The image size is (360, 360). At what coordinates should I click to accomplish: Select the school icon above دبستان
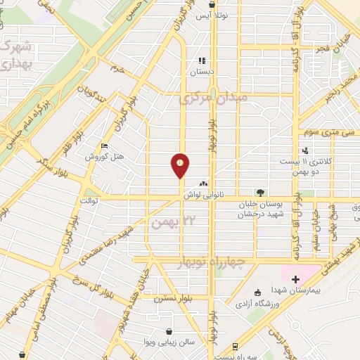tap(202, 60)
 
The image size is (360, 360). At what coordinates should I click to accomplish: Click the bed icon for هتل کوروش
tap(105, 146)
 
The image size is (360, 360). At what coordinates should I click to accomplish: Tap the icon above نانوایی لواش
tap(204, 182)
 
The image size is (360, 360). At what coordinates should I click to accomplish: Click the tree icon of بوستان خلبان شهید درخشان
tap(261, 192)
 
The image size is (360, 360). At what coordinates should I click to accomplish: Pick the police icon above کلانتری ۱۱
tap(304, 150)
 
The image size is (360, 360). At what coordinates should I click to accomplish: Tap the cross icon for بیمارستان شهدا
tap(295, 279)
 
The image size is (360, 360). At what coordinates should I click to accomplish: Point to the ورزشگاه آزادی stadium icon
tap(258, 292)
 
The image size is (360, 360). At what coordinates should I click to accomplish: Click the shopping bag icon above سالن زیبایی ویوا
tap(169, 330)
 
